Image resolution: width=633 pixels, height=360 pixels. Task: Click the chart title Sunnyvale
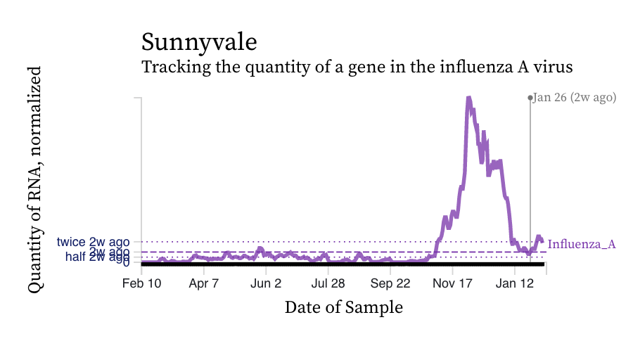point(199,42)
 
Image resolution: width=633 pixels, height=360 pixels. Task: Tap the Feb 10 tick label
point(141,284)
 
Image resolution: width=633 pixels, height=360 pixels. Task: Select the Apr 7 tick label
point(204,284)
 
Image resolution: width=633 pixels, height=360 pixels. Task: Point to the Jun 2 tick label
point(266,284)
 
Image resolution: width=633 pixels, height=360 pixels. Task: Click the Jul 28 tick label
point(328,284)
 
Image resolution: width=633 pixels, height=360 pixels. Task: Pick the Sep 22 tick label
point(390,284)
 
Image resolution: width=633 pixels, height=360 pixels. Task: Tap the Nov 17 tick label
point(452,284)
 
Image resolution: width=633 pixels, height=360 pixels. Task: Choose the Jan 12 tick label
point(515,284)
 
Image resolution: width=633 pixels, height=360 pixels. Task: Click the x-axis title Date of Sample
point(343,307)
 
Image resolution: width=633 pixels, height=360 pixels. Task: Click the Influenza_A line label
point(582,245)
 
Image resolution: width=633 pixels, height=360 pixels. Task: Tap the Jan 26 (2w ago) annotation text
point(575,98)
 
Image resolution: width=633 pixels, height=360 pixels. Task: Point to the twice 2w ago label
point(94,243)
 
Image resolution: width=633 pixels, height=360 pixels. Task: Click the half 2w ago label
point(97,257)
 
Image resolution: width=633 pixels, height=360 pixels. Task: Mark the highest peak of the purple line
point(468,98)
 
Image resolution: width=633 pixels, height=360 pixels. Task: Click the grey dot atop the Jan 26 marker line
point(530,98)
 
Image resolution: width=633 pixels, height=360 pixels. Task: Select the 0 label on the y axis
point(126,263)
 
